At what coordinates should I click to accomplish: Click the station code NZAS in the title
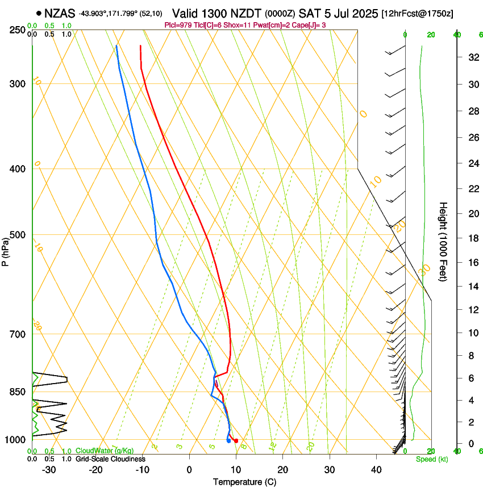tap(60, 13)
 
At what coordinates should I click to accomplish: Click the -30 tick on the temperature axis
tap(49, 470)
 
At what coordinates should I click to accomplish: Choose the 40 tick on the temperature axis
tap(376, 470)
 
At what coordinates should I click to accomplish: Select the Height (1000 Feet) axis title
tap(444, 241)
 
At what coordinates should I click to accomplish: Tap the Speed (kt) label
tap(431, 459)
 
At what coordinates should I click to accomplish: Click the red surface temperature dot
tap(236, 441)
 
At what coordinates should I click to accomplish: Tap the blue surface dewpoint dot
tap(228, 440)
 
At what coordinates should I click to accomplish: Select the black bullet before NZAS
tap(39, 13)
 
